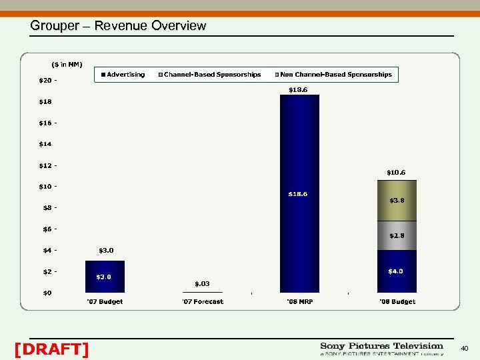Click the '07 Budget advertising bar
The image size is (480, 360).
pyautogui.click(x=105, y=276)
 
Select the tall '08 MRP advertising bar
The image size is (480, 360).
pyautogui.click(x=299, y=193)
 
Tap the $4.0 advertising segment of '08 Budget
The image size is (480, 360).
pyautogui.click(x=397, y=271)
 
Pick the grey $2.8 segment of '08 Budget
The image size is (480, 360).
pyautogui.click(x=397, y=235)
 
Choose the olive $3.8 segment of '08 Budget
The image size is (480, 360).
pyautogui.click(x=397, y=200)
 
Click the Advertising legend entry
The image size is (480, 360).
pyautogui.click(x=123, y=75)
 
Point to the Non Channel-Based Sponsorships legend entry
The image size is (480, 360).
pyautogui.click(x=333, y=75)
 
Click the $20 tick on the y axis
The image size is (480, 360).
pyautogui.click(x=46, y=80)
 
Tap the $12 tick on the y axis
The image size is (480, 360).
pyautogui.click(x=46, y=165)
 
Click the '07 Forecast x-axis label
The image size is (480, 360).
pyautogui.click(x=203, y=302)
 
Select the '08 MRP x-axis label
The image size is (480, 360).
pyautogui.click(x=299, y=302)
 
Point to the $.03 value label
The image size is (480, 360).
pyautogui.click(x=202, y=284)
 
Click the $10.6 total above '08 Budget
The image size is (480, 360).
pyautogui.click(x=397, y=173)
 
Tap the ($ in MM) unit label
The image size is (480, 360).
pyautogui.click(x=67, y=64)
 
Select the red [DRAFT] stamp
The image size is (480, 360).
pyautogui.click(x=51, y=349)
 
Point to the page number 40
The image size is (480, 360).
pyautogui.click(x=465, y=348)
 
